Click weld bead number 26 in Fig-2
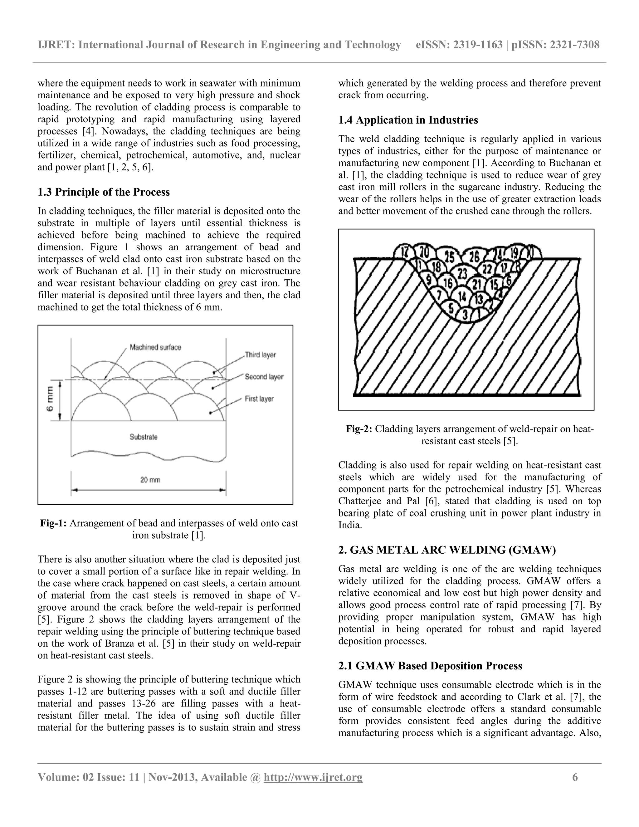click(474, 257)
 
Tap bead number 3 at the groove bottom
click(465, 314)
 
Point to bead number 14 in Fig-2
click(462, 296)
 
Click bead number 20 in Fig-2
click(424, 252)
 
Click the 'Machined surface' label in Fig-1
click(155, 347)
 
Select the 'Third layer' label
click(260, 355)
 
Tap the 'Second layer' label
click(264, 377)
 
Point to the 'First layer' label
click(259, 399)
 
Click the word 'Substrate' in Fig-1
click(144, 437)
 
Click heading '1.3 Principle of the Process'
click(103, 192)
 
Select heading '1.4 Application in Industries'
click(408, 120)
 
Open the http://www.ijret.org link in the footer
click(313, 777)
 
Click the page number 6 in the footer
click(575, 777)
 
